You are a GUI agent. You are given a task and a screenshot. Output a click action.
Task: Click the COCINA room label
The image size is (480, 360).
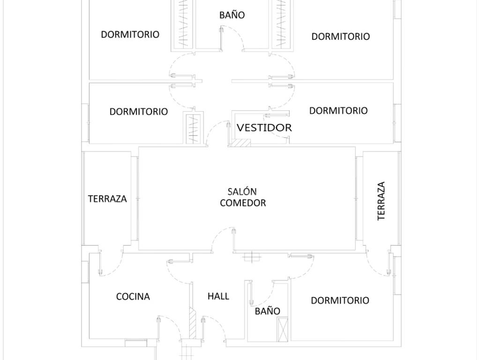[133, 297]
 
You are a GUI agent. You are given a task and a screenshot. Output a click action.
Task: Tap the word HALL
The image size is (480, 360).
[218, 296]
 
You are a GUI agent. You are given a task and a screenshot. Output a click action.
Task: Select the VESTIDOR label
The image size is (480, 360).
[264, 127]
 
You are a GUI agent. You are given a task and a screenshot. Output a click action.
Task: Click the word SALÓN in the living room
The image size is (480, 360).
[242, 192]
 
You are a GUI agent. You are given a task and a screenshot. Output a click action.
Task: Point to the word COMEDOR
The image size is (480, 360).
[243, 202]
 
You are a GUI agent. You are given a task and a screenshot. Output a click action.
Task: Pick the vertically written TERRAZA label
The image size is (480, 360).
[381, 201]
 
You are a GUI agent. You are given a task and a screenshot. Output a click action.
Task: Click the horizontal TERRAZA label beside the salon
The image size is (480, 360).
[107, 199]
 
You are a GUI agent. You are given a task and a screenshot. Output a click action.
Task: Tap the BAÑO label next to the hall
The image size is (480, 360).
[268, 311]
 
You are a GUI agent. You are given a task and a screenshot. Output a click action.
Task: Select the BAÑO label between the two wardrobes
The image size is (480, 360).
[232, 15]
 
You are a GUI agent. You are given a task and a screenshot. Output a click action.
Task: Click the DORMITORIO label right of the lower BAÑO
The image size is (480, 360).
[340, 300]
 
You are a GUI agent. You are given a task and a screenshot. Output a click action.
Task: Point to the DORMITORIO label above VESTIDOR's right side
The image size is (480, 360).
[338, 111]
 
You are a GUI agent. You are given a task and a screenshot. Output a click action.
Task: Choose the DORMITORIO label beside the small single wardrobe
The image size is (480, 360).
[139, 112]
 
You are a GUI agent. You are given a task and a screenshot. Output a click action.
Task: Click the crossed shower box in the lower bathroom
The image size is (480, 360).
[282, 330]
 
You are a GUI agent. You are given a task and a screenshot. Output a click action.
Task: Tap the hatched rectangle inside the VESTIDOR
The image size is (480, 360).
[241, 142]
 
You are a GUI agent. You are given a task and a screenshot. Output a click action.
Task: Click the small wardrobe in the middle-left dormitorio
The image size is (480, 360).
[193, 128]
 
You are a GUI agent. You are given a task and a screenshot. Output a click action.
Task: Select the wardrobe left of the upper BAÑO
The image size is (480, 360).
[182, 24]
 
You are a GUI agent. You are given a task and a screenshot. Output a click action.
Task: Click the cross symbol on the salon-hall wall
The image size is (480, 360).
[252, 257]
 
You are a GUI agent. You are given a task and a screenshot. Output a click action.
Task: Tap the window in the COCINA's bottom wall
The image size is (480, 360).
[136, 340]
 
